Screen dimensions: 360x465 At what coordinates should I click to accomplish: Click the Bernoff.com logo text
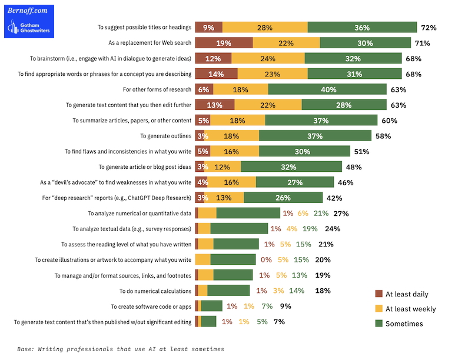pyautogui.click(x=27, y=11)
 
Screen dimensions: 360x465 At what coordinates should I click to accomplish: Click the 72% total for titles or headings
pyautogui.click(x=428, y=28)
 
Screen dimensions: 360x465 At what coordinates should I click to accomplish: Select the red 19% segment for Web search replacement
pyautogui.click(x=224, y=43)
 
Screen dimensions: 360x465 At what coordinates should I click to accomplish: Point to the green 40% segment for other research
pyautogui.click(x=328, y=89)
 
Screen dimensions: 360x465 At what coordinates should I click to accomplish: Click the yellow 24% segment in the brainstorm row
pyautogui.click(x=268, y=58)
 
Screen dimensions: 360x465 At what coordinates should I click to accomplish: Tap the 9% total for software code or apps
pyautogui.click(x=286, y=306)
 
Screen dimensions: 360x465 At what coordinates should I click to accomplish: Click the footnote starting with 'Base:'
pyautogui.click(x=121, y=349)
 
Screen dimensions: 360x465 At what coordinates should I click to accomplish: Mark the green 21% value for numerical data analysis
pyautogui.click(x=321, y=213)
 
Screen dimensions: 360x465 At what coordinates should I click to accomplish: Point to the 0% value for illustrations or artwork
pyautogui.click(x=266, y=259)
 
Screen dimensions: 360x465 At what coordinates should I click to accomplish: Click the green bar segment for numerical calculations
pyautogui.click(x=228, y=291)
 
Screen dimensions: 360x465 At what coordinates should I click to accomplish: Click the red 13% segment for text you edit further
pyautogui.click(x=215, y=105)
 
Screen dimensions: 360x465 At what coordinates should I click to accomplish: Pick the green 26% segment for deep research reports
pyautogui.click(x=283, y=198)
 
